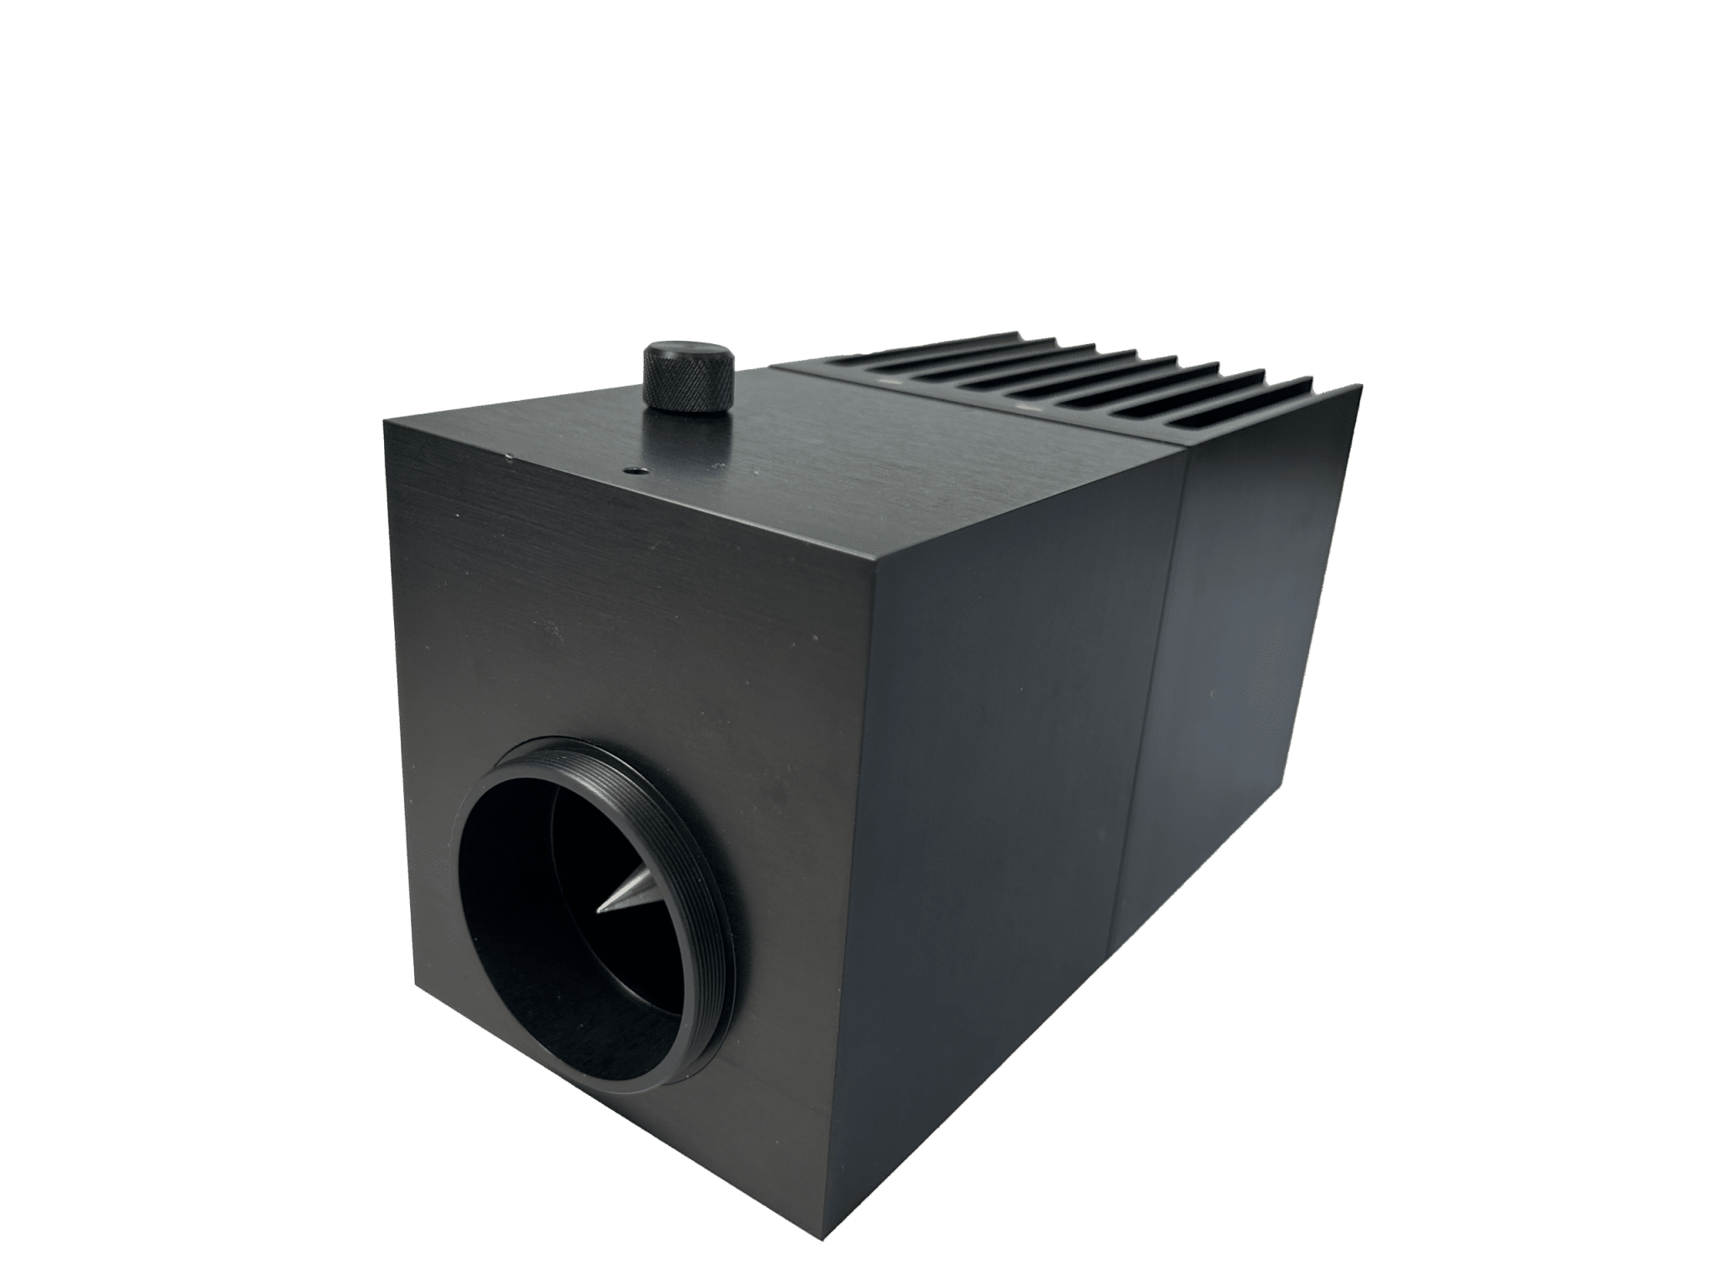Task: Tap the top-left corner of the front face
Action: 384,422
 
